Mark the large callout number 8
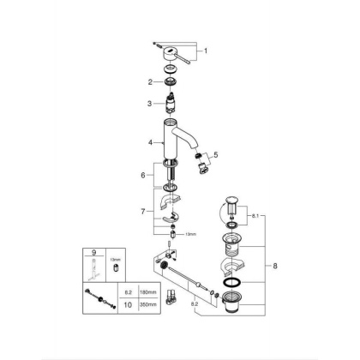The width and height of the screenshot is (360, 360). point(275,266)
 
